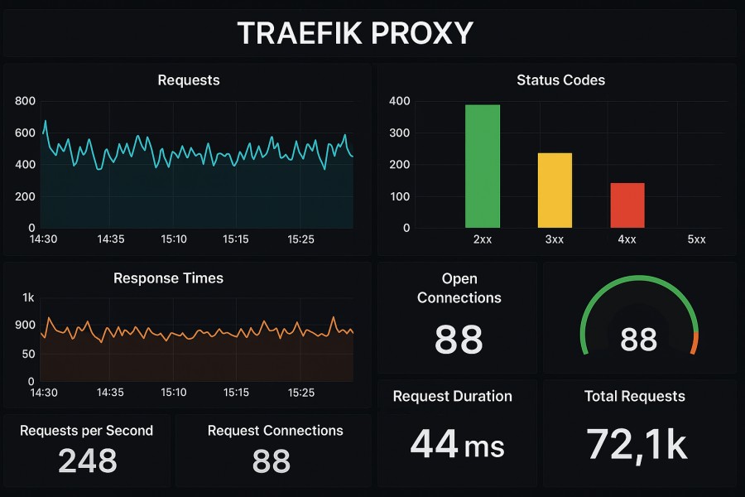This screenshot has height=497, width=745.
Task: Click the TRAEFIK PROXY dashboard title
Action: [355, 33]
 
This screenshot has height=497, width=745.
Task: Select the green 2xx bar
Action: [482, 166]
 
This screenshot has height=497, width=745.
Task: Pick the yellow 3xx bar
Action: [555, 191]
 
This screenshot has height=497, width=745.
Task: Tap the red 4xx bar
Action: [627, 205]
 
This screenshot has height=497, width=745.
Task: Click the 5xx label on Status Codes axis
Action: [696, 239]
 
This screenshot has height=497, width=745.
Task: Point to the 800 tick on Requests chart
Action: [26, 101]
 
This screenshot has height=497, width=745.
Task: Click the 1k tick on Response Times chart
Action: [28, 297]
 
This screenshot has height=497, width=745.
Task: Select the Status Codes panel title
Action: [560, 80]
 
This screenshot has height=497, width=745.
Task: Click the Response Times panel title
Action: [168, 278]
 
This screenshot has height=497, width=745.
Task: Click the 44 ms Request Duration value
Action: [457, 444]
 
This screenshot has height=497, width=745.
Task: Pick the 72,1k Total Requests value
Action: [636, 444]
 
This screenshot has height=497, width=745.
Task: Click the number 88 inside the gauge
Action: [638, 340]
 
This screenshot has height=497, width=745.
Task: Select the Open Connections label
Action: [459, 288]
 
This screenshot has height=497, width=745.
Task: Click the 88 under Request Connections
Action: [272, 461]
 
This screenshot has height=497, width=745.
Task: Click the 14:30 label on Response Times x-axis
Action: [44, 391]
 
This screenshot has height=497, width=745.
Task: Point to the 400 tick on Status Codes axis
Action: [400, 101]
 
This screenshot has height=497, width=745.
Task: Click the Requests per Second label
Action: [86, 431]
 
